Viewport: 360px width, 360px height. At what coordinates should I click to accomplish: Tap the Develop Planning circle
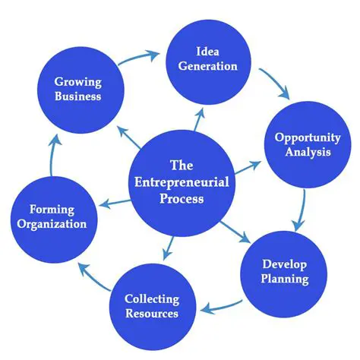pos(285,272)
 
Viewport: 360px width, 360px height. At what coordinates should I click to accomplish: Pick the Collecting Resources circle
pos(152,305)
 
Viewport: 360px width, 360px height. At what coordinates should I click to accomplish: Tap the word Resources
pos(153,313)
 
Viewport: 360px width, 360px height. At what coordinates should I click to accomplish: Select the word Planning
pos(286,279)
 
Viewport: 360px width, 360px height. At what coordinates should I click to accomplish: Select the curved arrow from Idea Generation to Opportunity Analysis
pos(275,82)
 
